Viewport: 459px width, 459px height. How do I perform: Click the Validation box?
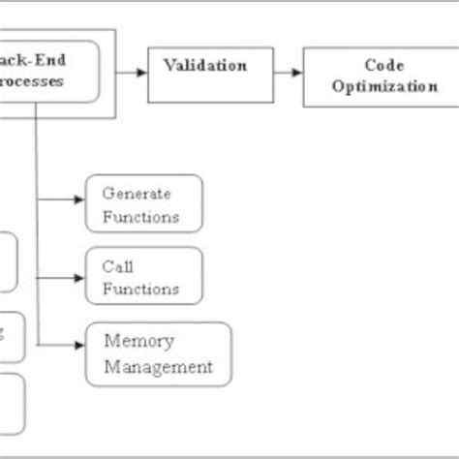[x=204, y=74]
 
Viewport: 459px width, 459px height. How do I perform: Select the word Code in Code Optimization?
[x=384, y=65]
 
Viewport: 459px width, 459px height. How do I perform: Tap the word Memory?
[x=139, y=341]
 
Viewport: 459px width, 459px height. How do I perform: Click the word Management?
[x=158, y=366]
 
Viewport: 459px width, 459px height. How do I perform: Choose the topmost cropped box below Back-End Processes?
[x=8, y=261]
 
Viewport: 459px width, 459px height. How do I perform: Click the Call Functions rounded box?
[x=144, y=276]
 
